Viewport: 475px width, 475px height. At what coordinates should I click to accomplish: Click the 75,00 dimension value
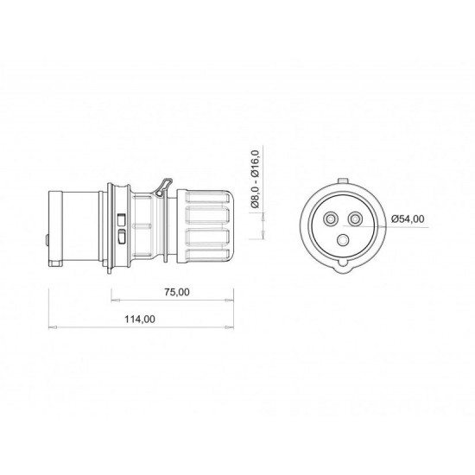pos(177,292)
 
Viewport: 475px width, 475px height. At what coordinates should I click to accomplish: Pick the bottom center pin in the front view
pos(344,240)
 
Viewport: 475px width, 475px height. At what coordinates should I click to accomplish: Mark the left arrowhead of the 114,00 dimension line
pos(47,329)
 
